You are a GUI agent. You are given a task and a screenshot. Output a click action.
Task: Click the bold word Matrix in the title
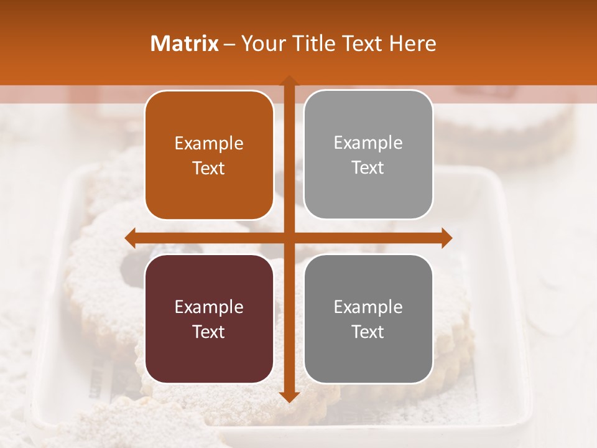(x=184, y=44)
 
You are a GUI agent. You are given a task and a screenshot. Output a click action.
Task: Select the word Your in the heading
(x=262, y=44)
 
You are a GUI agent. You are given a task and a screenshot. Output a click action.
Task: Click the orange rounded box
(x=209, y=155)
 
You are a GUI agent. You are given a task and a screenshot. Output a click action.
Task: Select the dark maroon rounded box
(x=209, y=319)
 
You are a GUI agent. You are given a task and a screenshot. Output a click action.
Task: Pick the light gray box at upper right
(x=368, y=154)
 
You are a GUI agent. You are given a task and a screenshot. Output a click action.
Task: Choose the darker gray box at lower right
(x=368, y=319)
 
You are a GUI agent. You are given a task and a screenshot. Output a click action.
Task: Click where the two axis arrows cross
(x=289, y=238)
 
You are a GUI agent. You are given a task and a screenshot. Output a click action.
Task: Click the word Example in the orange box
(x=209, y=143)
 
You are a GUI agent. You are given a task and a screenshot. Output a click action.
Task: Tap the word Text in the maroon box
(x=209, y=332)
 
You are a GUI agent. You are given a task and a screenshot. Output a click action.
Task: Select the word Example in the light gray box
(x=368, y=142)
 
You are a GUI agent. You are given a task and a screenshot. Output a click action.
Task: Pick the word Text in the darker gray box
(x=368, y=332)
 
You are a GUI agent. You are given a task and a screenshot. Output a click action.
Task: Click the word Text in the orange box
(x=209, y=168)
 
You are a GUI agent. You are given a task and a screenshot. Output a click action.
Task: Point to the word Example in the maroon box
(x=209, y=307)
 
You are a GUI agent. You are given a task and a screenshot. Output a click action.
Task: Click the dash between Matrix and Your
(x=229, y=44)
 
